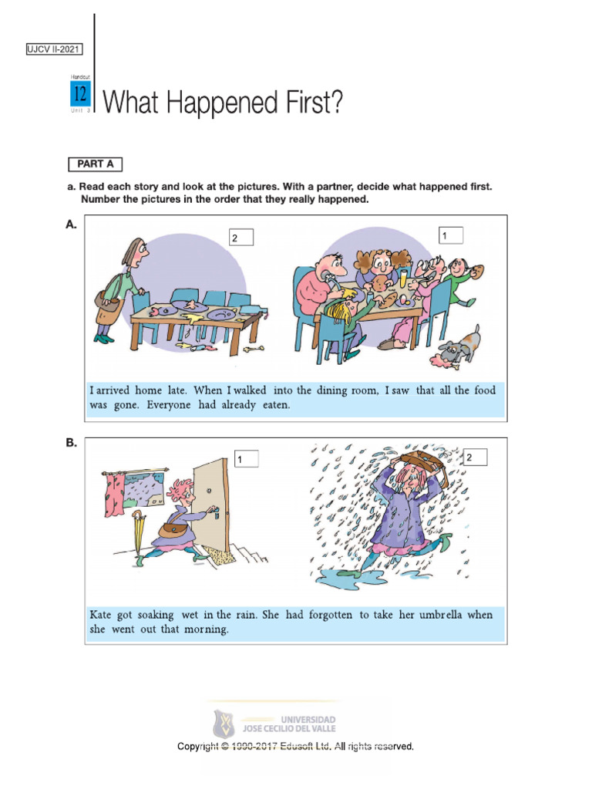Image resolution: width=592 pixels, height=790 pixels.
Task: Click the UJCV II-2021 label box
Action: [54, 50]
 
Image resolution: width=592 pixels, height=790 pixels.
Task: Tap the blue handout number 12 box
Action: [80, 95]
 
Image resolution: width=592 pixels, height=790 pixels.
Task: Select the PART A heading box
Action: [95, 164]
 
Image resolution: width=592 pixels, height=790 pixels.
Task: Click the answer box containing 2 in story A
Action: [240, 238]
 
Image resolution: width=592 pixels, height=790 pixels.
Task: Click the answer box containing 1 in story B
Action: [246, 460]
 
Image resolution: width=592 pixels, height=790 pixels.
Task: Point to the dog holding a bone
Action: [460, 346]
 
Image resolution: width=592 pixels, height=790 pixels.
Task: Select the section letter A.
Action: [71, 225]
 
